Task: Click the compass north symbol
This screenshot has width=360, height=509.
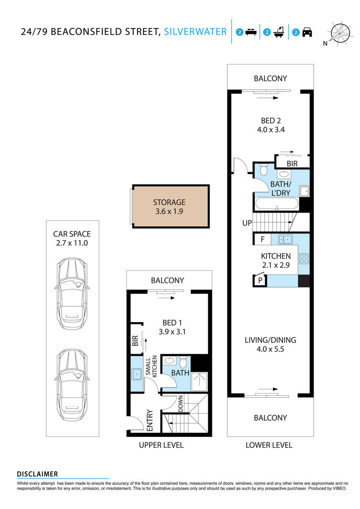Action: click(x=340, y=33)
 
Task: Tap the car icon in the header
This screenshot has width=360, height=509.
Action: click(x=307, y=32)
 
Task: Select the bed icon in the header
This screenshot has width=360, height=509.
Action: click(x=250, y=32)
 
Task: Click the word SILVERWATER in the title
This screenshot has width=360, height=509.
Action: click(x=195, y=32)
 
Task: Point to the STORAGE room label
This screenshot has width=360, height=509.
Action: click(x=170, y=202)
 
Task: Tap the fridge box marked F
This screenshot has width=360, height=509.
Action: click(x=262, y=239)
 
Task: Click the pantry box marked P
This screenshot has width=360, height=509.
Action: click(x=260, y=280)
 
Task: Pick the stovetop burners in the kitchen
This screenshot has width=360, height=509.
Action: click(x=304, y=258)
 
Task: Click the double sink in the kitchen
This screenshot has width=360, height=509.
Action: click(x=285, y=239)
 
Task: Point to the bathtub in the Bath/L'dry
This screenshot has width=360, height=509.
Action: click(x=276, y=204)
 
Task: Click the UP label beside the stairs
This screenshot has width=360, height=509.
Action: click(x=247, y=223)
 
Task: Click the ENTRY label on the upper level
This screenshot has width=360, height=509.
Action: click(x=149, y=420)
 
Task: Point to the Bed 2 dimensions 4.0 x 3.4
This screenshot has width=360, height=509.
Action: click(x=270, y=130)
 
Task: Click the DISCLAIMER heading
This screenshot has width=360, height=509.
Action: click(x=37, y=474)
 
